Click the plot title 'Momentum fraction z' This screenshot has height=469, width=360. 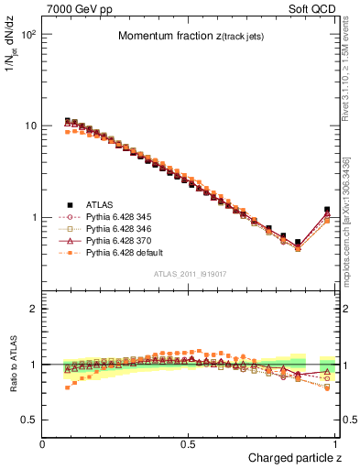coord(191,37)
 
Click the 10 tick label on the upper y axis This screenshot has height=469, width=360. coord(30,126)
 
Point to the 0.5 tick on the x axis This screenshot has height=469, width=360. coord(190,443)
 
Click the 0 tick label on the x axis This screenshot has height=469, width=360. coord(43,443)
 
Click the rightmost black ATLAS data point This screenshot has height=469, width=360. coord(327,210)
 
